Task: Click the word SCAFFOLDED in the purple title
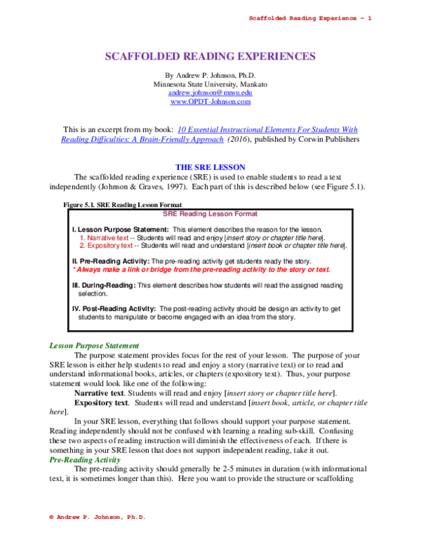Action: tap(141, 57)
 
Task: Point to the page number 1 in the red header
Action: tap(369, 18)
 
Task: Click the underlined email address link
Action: tap(210, 93)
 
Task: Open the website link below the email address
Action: tap(210, 103)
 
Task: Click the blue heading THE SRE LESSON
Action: tap(210, 167)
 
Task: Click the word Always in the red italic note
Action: tap(89, 270)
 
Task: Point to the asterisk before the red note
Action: tap(74, 268)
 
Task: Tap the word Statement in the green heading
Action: tap(122, 346)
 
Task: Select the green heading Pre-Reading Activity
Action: tap(85, 460)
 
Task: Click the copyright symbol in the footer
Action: tap(51, 517)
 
